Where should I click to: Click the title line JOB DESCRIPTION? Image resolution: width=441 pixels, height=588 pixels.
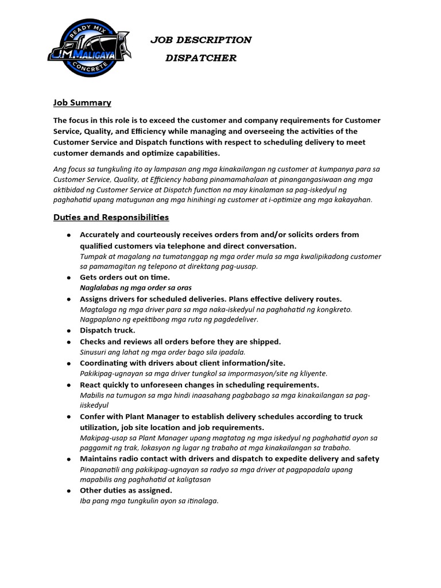(x=200, y=40)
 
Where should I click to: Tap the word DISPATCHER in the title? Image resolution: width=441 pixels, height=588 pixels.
(x=200, y=58)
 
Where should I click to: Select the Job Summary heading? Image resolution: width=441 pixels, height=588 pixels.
(x=82, y=103)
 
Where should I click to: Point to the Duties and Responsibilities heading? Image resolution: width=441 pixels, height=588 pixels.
(x=111, y=218)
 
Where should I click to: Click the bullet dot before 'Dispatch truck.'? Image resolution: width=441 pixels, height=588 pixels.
(x=68, y=331)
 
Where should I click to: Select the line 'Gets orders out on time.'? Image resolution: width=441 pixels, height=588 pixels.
(x=125, y=277)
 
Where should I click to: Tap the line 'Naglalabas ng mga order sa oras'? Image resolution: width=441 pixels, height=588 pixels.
(x=136, y=287)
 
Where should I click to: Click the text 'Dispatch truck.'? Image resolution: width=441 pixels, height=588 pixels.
(x=107, y=330)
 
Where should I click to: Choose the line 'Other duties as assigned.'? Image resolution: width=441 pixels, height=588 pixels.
(x=126, y=490)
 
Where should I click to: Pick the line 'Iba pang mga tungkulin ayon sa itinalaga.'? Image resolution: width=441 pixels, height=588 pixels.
(x=149, y=501)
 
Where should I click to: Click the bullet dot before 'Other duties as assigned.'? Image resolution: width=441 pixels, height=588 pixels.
(x=68, y=491)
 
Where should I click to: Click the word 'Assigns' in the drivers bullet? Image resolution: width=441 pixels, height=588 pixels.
(x=95, y=299)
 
